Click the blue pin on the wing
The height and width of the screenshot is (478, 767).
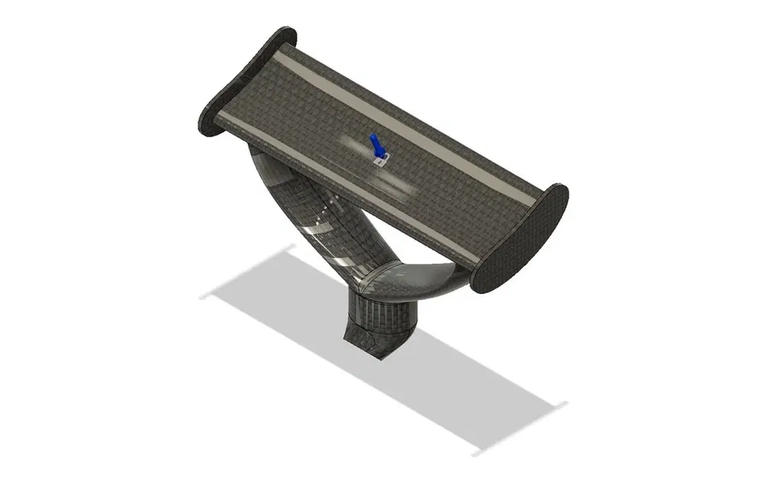375,145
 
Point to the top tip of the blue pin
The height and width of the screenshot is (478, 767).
372,136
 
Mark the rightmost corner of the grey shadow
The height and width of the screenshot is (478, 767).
567,404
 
